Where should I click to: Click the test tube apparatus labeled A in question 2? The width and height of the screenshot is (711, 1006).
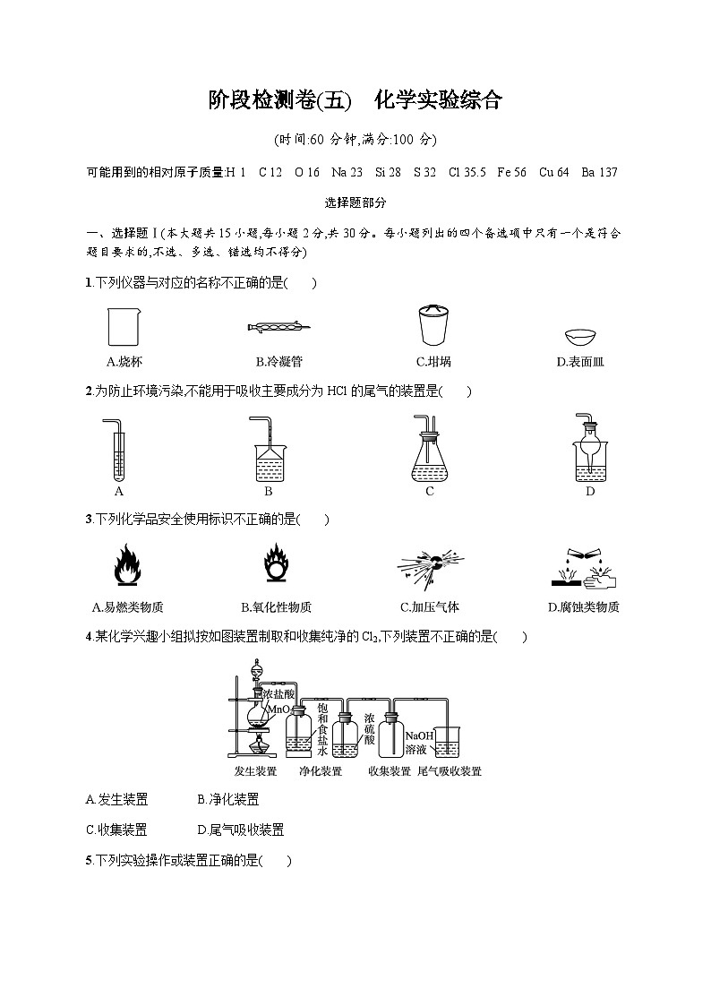(x=119, y=448)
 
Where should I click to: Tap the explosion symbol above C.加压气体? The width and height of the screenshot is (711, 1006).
(x=430, y=566)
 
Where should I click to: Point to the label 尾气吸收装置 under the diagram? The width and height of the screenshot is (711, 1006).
(x=450, y=771)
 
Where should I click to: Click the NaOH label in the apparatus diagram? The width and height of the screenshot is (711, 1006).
(x=419, y=736)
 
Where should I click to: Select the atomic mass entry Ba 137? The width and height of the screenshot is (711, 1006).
(x=599, y=172)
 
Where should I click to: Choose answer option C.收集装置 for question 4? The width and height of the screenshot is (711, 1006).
(x=117, y=830)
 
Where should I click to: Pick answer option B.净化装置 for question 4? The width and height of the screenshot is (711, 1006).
(x=228, y=800)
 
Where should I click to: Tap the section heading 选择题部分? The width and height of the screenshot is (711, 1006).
(x=355, y=203)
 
